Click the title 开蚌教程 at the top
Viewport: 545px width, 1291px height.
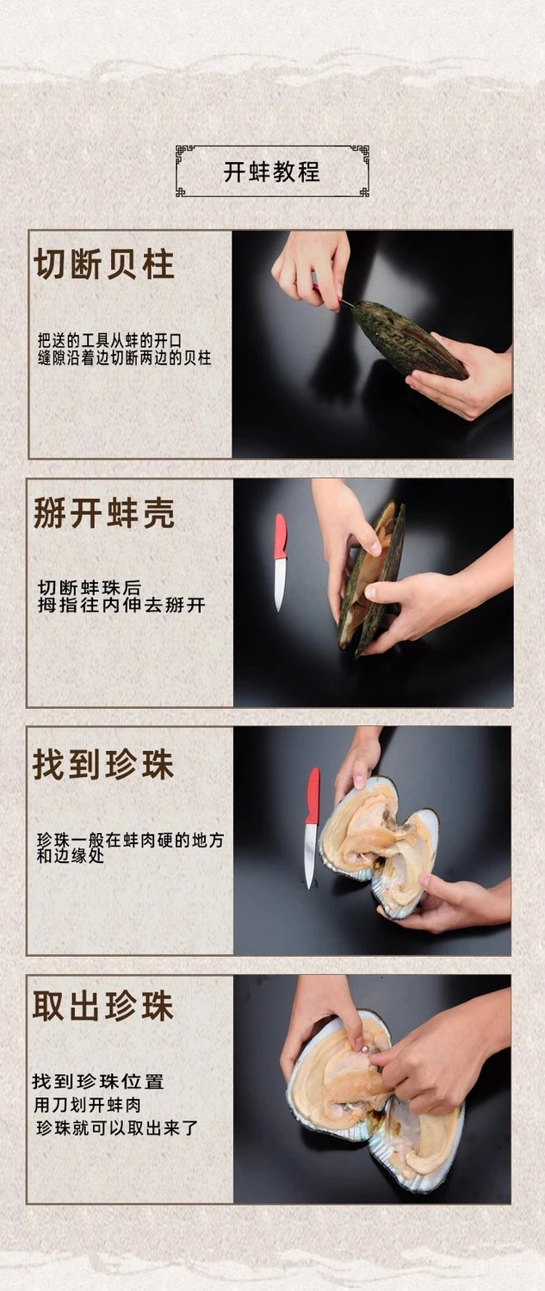[x=271, y=171]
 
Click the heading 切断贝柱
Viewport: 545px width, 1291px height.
[x=104, y=264]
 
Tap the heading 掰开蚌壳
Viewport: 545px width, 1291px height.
[x=104, y=512]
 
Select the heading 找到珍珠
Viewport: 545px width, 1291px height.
[x=103, y=764]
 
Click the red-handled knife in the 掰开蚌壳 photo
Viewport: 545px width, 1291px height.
[x=280, y=562]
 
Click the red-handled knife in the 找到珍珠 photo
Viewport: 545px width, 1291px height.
[x=312, y=828]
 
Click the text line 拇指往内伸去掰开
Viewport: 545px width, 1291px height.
[x=121, y=605]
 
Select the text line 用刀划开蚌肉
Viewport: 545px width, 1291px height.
[x=88, y=1105]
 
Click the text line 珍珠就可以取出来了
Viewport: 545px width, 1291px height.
[x=117, y=1128]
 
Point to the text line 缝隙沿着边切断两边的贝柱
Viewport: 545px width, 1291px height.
[x=125, y=358]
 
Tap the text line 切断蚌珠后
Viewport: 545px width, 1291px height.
[x=90, y=588]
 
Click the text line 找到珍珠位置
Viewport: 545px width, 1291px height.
[x=98, y=1081]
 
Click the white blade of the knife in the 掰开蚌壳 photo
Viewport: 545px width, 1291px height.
[x=280, y=585]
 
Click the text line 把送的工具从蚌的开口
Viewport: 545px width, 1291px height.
[x=110, y=340]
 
